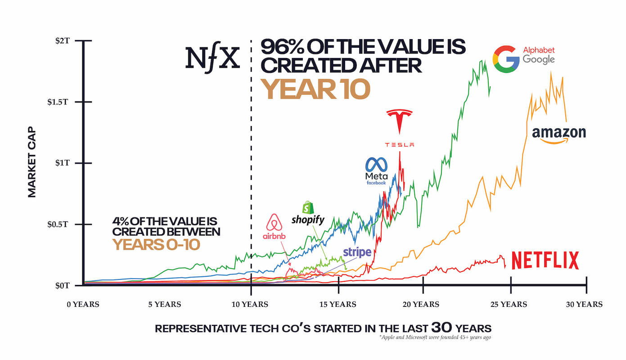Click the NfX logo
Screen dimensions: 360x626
pos(212,58)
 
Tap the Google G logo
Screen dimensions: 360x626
pos(506,59)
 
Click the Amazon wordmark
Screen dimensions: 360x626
pos(559,133)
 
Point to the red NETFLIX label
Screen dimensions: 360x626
pos(545,261)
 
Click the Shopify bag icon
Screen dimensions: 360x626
pos(307,207)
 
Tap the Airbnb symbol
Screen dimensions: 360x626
pos(274,222)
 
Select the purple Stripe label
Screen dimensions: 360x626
pos(357,252)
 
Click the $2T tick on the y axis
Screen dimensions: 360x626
pos(84,41)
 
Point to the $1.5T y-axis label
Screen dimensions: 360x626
pos(58,102)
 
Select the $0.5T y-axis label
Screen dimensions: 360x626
pos(58,225)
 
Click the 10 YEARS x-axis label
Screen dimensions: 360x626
pos(250,305)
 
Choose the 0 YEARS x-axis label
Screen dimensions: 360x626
pos(83,305)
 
